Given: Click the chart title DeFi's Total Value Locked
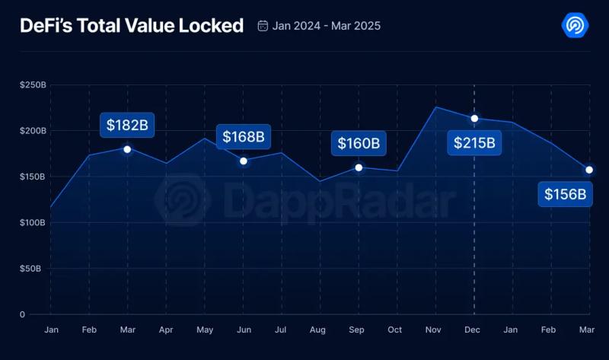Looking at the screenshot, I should [132, 26].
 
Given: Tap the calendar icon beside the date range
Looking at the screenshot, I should [263, 26].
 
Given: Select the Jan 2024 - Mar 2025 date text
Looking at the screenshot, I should [327, 26].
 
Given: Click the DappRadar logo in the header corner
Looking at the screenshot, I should [575, 26].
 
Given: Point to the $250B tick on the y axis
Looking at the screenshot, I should [33, 84].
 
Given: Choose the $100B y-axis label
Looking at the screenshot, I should [33, 222].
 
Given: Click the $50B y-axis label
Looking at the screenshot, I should [34, 269].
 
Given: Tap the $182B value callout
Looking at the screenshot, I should [127, 125].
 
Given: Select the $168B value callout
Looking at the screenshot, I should [244, 137].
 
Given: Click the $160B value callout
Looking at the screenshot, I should [359, 142].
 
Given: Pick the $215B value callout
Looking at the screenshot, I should [474, 142].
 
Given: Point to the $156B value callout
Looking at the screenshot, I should [566, 194].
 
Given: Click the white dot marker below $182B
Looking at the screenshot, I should [127, 149].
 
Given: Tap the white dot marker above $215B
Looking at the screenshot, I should [474, 118].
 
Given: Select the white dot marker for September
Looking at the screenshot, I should [359, 167].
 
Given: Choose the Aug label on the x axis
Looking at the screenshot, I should [318, 330].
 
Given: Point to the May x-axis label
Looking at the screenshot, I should [204, 330].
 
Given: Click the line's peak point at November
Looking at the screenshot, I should [435, 107].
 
